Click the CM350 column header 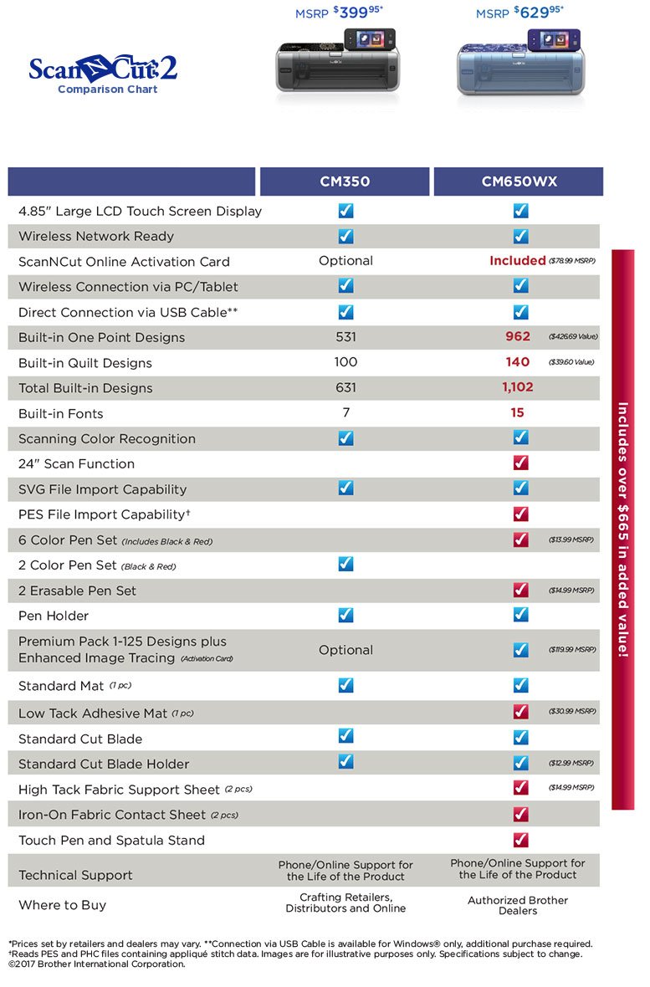coord(345,182)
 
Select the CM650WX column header coord(519,182)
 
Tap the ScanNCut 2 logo coord(103,72)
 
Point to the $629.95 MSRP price coord(519,13)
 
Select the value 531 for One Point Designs coord(345,337)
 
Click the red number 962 coord(518,336)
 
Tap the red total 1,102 coord(518,387)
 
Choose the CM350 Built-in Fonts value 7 coord(345,412)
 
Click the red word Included coord(518,261)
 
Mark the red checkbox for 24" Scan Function coord(520,463)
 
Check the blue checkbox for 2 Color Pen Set coord(346,565)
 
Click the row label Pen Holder coord(54,616)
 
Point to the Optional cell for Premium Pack coord(345,650)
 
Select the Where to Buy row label coord(63,905)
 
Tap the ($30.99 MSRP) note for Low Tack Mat coord(572,712)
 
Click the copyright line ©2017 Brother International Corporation coord(96,964)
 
